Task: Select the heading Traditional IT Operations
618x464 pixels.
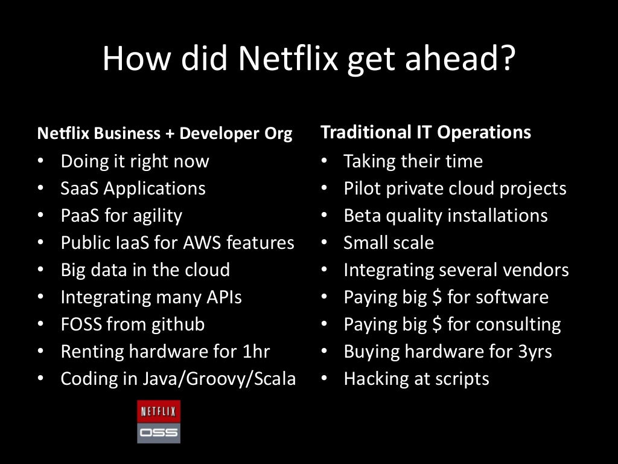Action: (x=425, y=132)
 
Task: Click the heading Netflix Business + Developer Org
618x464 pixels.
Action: (x=165, y=134)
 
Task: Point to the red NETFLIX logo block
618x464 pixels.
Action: (x=159, y=412)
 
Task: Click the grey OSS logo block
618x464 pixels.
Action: (x=159, y=433)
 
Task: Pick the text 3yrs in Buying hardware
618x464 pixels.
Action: (x=534, y=352)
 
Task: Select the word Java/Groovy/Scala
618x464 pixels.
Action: (x=219, y=379)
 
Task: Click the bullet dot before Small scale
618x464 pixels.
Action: (x=324, y=243)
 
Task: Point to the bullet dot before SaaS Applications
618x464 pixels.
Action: (x=40, y=188)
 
